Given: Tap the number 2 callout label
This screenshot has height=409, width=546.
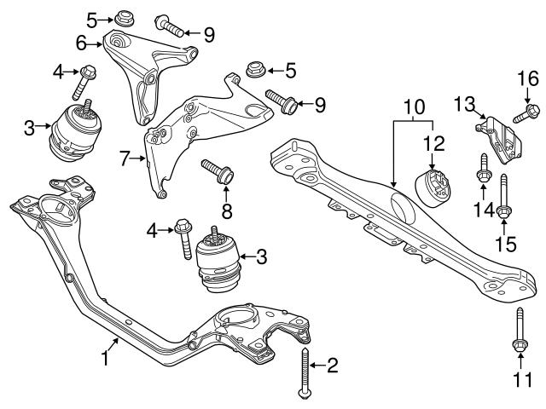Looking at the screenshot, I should (x=332, y=366).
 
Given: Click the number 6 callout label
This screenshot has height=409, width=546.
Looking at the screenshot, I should (x=83, y=41).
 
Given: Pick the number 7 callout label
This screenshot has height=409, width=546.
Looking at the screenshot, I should (x=125, y=158).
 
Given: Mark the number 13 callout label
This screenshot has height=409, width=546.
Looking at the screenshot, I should (x=464, y=104).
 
